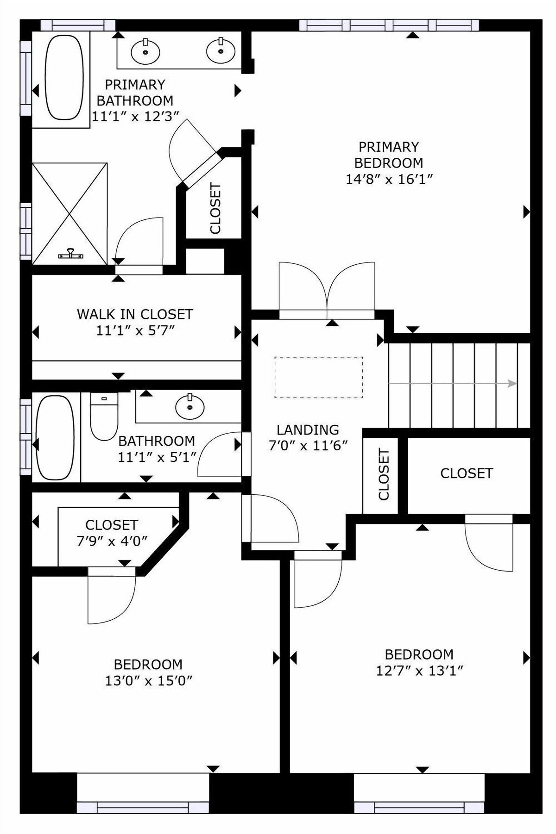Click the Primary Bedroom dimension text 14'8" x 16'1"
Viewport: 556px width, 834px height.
click(389, 179)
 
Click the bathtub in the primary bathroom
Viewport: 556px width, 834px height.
click(64, 77)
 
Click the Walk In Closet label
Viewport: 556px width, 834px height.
click(135, 314)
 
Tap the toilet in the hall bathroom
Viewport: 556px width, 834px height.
click(104, 416)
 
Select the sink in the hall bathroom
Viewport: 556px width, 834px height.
click(190, 407)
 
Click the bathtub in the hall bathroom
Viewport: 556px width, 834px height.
click(55, 437)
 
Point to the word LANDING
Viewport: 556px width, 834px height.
click(308, 429)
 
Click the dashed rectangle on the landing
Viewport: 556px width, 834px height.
click(319, 377)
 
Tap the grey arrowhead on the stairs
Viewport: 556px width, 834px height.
click(512, 383)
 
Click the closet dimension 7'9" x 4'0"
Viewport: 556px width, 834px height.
click(112, 541)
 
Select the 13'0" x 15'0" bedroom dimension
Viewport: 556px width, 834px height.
click(148, 680)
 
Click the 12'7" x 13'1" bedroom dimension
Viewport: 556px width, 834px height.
click(419, 670)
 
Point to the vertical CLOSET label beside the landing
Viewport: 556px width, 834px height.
click(384, 474)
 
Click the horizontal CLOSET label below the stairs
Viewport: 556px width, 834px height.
click(467, 473)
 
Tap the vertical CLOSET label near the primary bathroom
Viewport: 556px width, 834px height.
click(215, 208)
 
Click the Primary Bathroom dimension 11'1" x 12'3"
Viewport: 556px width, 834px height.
click(135, 116)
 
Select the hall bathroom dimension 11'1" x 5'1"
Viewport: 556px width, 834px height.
click(157, 457)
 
